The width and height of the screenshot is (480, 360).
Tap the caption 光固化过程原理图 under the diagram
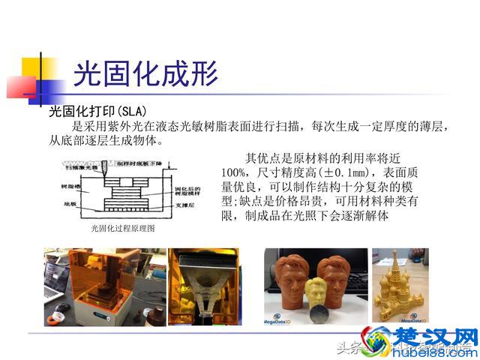[x=123, y=227]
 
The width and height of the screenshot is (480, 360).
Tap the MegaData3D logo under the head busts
[x=284, y=322]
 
